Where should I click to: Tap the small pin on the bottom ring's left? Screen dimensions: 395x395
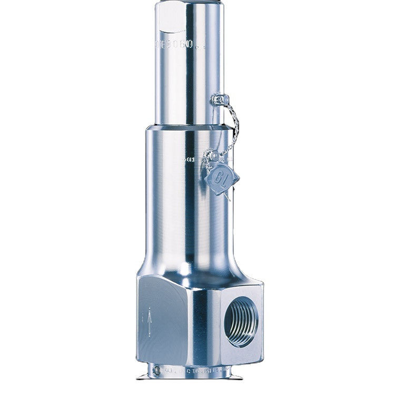(154, 370)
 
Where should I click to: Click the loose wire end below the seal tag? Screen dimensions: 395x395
(228, 197)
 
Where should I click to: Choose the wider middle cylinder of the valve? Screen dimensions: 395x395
(179, 205)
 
